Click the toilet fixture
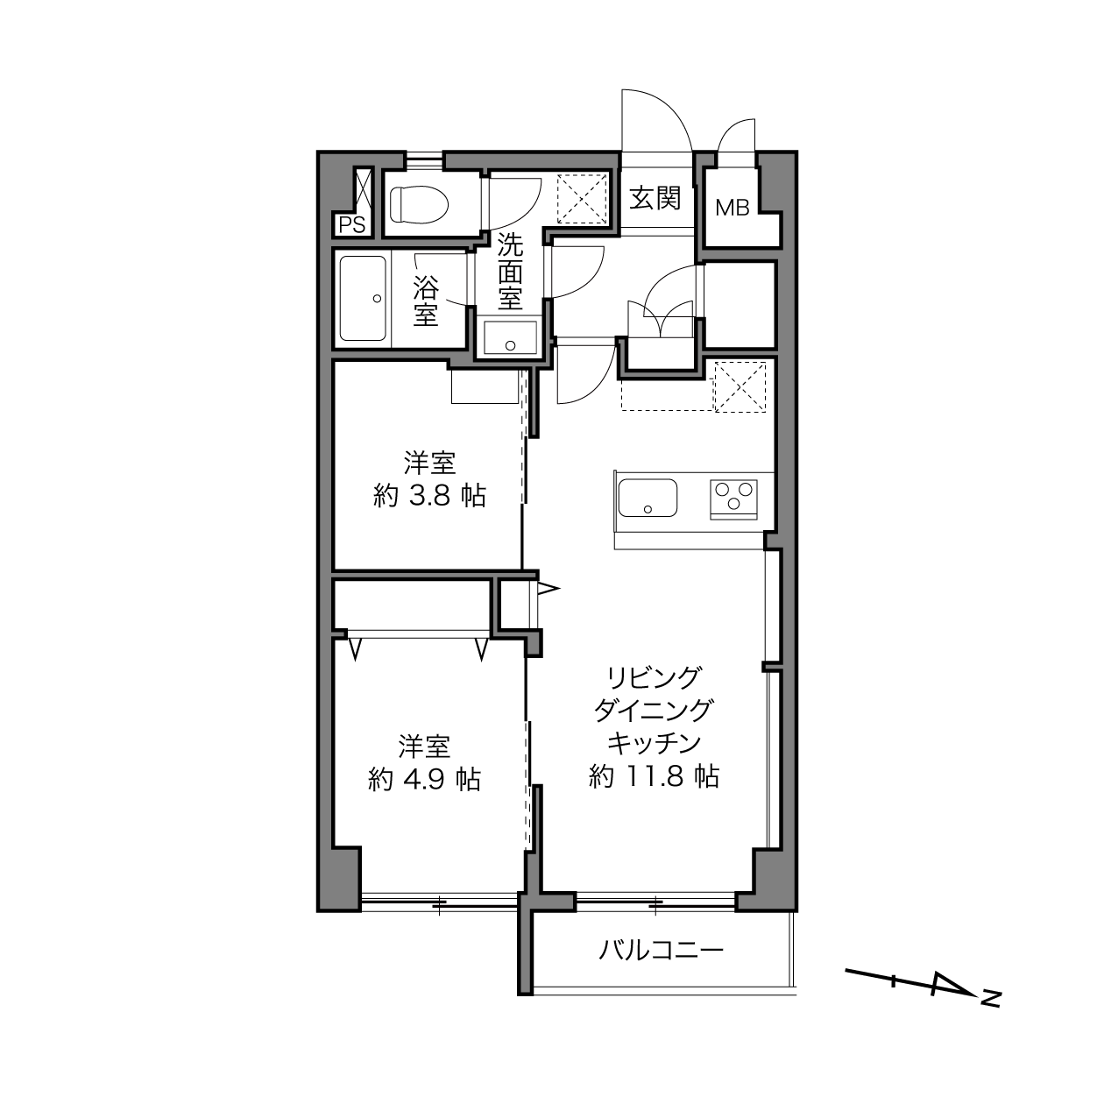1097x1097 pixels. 419,204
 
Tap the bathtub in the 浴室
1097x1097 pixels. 363,298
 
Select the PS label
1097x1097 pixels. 352,225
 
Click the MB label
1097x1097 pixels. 733,208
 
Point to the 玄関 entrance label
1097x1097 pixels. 655,198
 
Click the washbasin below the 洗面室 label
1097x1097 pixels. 510,337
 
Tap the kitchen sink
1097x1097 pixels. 648,499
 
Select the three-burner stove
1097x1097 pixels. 733,499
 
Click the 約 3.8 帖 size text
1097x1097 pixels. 430,497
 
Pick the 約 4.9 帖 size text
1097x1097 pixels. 425,780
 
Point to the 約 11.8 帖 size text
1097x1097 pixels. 655,775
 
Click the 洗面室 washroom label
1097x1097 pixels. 510,272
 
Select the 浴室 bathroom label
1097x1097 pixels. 426,301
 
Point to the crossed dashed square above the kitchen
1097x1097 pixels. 740,387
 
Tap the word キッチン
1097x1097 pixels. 655,742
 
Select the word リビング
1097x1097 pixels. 654,677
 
